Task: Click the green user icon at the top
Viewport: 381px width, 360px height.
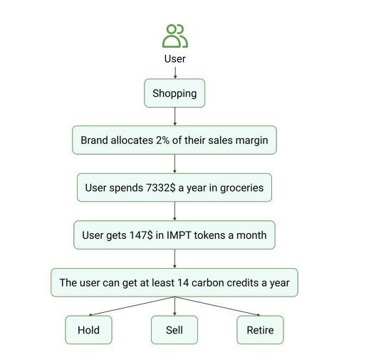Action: [175, 36]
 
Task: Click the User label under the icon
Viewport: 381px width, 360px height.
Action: [175, 59]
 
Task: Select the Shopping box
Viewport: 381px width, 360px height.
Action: [174, 93]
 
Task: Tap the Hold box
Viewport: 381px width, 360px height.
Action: [88, 330]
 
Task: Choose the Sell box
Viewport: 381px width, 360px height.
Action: [174, 330]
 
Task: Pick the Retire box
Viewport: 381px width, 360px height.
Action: [260, 330]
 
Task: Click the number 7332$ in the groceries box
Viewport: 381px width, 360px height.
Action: [160, 187]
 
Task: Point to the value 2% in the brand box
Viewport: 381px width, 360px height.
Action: [162, 140]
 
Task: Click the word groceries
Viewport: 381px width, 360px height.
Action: [241, 188]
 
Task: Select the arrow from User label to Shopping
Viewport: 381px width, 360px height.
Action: [175, 73]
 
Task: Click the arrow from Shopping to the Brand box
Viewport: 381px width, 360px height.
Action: [175, 116]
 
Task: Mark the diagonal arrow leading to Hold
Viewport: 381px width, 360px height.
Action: [132, 307]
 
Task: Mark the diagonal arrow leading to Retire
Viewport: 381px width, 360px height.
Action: [217, 307]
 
